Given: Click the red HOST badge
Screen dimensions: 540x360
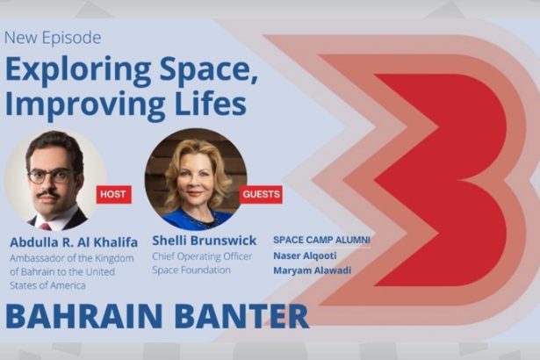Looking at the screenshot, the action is tap(113, 194).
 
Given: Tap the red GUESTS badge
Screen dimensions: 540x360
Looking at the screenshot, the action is tap(261, 194).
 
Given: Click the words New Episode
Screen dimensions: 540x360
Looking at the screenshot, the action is tap(53, 38).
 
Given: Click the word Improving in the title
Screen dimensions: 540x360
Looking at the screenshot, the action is tap(85, 105).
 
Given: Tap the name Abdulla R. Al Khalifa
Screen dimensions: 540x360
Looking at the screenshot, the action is tap(74, 242).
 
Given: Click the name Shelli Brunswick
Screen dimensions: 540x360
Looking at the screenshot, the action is tap(205, 241).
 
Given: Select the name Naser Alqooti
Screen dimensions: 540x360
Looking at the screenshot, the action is tap(305, 256).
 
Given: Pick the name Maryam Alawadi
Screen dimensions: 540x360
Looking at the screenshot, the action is tap(312, 270).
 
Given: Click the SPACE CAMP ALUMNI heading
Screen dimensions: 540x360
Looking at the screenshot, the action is tap(321, 240).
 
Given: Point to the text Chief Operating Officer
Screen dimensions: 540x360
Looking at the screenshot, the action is tap(202, 256).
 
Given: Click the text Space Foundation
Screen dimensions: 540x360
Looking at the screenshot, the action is tap(191, 270).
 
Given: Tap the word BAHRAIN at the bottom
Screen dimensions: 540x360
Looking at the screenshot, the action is tap(84, 316).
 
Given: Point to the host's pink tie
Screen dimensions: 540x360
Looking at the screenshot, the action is tap(46, 227).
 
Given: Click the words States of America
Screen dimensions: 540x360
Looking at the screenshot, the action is tap(47, 285).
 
